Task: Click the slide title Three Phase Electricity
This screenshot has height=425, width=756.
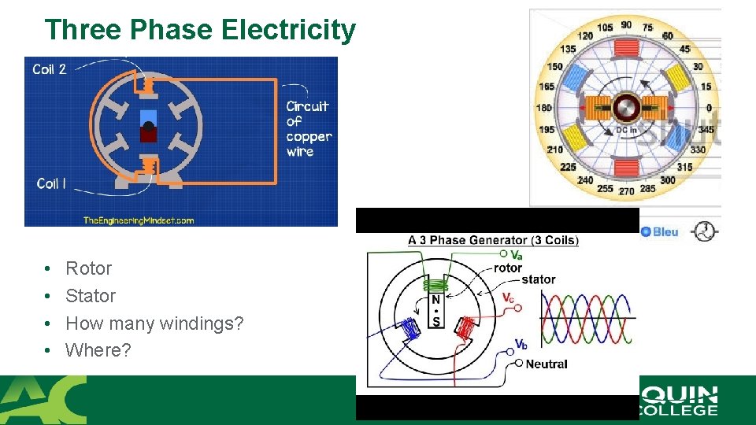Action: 200,30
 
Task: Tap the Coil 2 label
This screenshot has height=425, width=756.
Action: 50,69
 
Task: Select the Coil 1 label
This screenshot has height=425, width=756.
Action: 51,183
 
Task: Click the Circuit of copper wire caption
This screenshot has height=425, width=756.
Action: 308,128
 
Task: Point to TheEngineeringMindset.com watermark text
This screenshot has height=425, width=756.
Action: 139,220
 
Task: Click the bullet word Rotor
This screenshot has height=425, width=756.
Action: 88,268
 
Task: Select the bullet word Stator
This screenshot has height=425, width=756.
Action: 91,296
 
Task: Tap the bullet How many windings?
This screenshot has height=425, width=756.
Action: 154,323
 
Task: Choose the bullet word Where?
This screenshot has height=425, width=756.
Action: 98,350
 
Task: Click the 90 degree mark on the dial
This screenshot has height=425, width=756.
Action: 626,25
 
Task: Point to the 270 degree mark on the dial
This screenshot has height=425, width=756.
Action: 626,190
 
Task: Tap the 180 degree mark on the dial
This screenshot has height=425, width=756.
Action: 543,108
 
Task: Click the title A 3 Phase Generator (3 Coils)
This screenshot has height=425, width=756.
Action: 493,240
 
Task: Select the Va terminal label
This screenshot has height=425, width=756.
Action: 516,255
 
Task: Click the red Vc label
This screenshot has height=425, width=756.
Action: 510,297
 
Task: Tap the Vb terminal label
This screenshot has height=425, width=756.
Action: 521,344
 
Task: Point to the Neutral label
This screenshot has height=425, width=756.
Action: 546,364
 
